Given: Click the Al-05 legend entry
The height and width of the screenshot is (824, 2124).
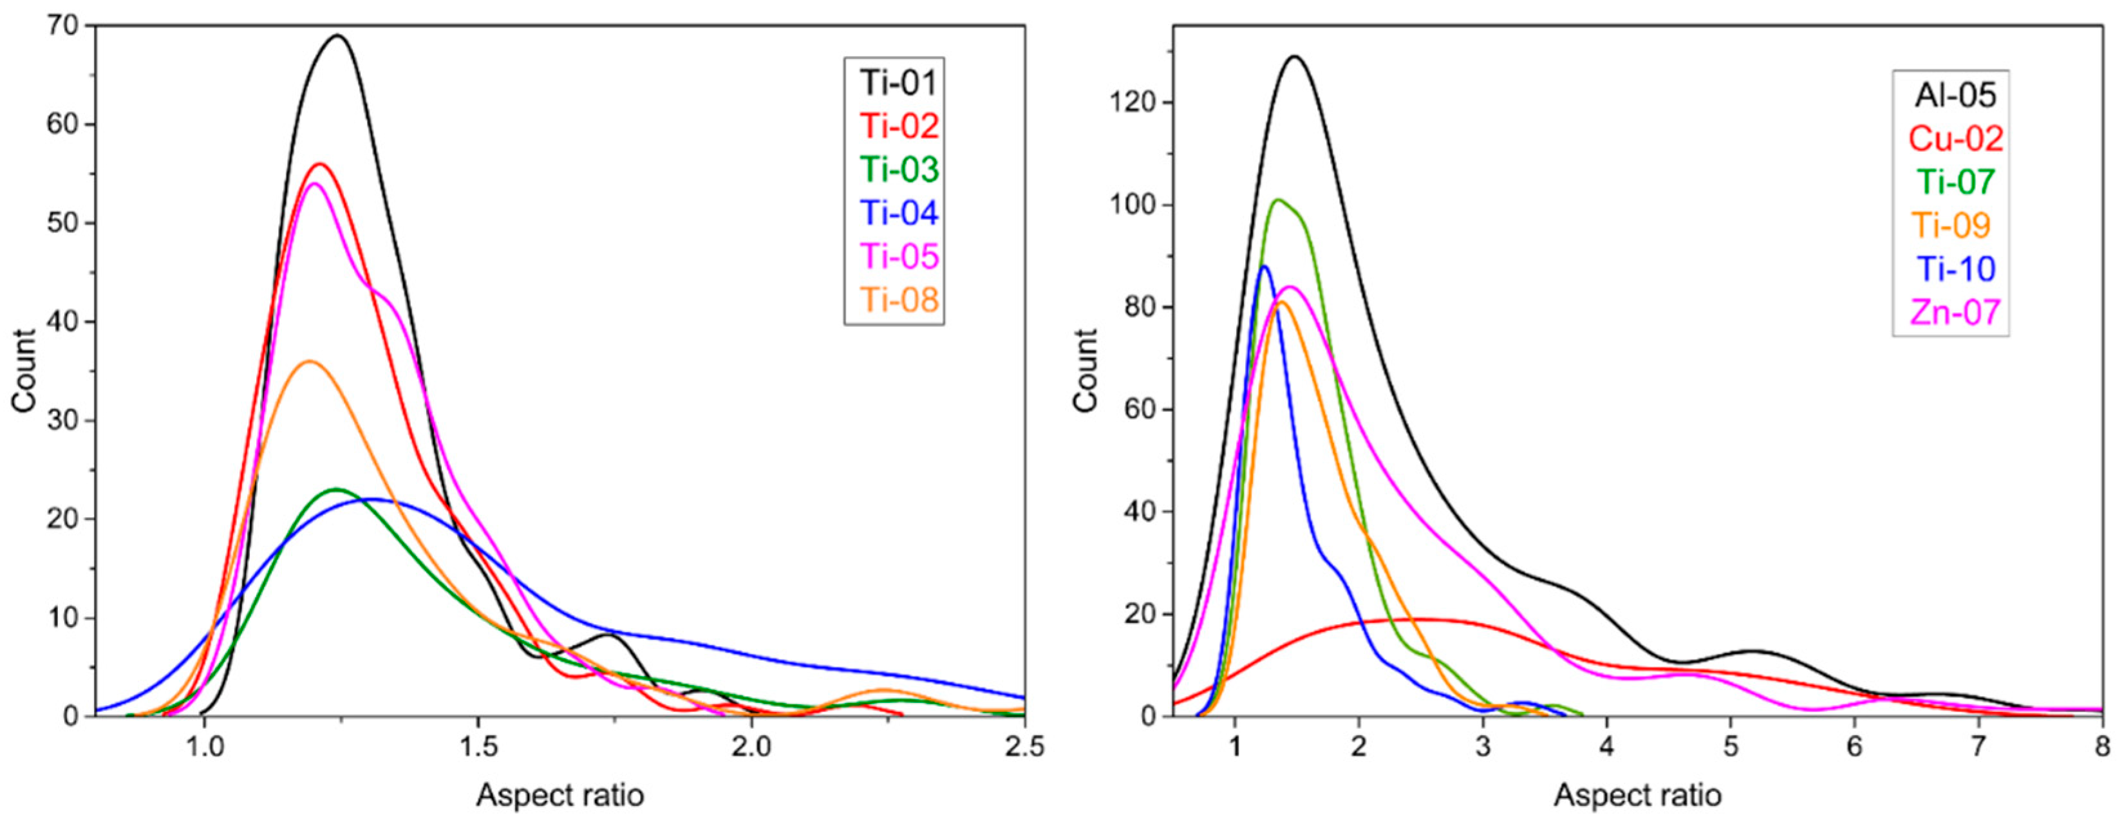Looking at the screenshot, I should [1955, 96].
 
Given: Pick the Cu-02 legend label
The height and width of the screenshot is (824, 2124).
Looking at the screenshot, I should [1956, 138].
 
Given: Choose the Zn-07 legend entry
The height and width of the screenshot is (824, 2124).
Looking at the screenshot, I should [1955, 312].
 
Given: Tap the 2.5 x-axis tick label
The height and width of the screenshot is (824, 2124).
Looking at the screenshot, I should [1023, 747].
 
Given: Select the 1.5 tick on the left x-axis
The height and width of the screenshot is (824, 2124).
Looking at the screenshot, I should [478, 747].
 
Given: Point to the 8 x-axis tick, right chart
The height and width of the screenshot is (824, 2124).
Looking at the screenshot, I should [2103, 747].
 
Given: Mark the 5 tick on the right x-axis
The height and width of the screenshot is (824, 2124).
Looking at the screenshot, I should [1731, 747].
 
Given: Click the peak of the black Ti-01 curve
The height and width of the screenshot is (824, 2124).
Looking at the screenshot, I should [337, 35].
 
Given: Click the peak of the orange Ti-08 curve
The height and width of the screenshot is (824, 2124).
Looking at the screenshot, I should [309, 361].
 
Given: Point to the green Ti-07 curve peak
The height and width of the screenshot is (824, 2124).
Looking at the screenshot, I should [1278, 200].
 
